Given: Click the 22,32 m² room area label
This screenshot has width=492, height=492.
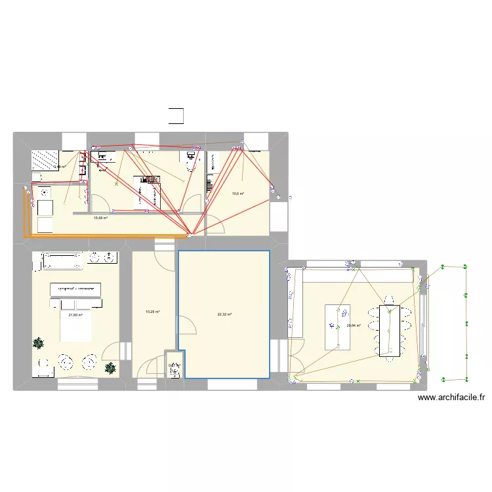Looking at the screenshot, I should coord(224,314).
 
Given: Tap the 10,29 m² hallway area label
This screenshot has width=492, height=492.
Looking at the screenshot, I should coord(153,312).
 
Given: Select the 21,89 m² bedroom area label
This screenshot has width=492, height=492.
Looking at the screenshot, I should coord(76,315).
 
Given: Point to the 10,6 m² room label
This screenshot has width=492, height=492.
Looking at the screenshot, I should coord(237,194).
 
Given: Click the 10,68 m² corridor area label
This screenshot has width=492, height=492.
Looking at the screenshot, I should coord(100,218).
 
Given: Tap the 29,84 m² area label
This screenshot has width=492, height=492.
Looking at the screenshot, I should coord(354,325).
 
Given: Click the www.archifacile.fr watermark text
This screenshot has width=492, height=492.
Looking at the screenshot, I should coord(451,398).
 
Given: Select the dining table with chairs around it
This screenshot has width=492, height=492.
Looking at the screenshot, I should coord(388,330).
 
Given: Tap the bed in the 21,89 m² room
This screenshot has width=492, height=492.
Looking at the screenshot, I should coord(75,318).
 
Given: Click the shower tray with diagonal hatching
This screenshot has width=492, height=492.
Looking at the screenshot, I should coord(45,161).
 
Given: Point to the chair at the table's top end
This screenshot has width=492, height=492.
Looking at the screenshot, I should coord(388,305).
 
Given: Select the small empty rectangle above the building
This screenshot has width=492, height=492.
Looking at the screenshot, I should coord(176,115).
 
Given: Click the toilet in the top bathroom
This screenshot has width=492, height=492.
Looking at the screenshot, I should coord(192,159).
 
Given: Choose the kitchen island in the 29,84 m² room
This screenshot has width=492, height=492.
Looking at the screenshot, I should coord(338,327).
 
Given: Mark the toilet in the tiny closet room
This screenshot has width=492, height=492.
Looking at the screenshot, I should coord(174,371).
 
